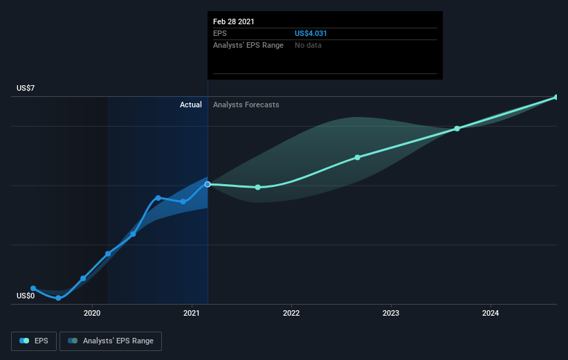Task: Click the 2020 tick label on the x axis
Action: tap(92, 313)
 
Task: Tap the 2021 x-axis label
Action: tap(191, 313)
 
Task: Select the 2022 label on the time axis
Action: tap(291, 313)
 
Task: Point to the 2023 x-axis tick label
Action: tap(391, 313)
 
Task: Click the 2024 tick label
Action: tap(491, 313)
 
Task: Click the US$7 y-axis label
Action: tap(26, 88)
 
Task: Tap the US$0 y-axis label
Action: tap(26, 296)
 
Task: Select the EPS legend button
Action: tap(34, 341)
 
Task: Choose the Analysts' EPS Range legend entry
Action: tap(111, 341)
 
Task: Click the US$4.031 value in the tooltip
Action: tap(311, 33)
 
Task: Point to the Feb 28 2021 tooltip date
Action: tap(234, 21)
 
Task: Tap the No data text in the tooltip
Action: tap(308, 45)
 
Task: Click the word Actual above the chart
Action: tap(190, 105)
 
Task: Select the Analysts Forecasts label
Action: tap(246, 105)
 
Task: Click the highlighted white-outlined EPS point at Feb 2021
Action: tap(208, 185)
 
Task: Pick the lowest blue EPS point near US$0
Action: tap(58, 298)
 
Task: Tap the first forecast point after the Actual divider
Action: tap(257, 188)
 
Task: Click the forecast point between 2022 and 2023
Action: tap(358, 157)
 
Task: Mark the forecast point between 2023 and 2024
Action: tap(457, 129)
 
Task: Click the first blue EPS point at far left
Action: tap(33, 288)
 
